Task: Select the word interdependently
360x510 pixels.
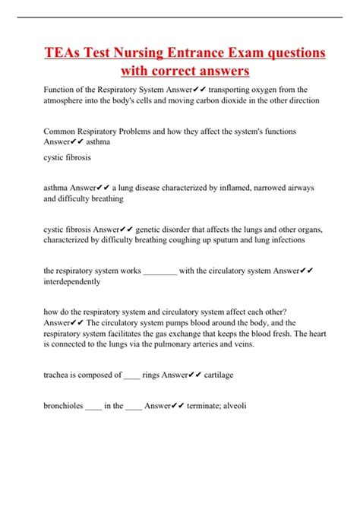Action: [x=72, y=282]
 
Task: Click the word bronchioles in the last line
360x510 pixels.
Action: [x=64, y=405]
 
